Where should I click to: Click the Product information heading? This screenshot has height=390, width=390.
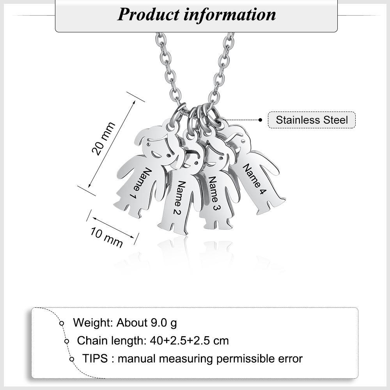coord(196,14)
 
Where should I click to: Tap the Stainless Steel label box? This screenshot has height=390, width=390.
coord(312,120)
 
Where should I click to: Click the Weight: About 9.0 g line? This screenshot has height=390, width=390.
coord(125,323)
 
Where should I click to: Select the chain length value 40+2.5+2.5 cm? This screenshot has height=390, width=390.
coord(189,340)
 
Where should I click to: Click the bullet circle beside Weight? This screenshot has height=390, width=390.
coord(61,323)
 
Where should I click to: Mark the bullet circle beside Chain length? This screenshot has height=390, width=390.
coord(67,341)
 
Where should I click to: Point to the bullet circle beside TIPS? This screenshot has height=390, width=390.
coord(72,359)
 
